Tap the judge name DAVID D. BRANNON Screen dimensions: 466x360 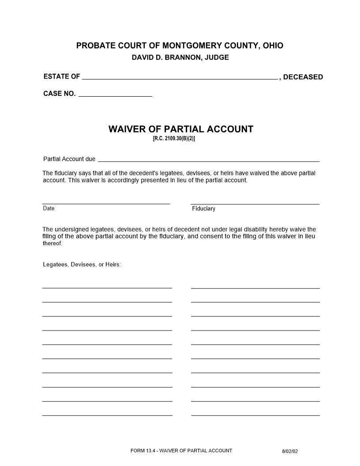[x=165, y=58]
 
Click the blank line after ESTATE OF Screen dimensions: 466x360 [x=180, y=78]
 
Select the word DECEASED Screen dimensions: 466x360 [x=303, y=77]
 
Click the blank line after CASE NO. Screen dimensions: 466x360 [x=115, y=94]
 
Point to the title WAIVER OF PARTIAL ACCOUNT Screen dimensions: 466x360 [x=181, y=129]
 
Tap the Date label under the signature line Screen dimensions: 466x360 [x=49, y=208]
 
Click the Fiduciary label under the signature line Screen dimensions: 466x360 [x=203, y=209]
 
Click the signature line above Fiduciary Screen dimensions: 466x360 [x=255, y=204]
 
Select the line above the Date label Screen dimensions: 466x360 [x=106, y=203]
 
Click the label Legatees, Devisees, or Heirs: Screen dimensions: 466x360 [x=82, y=265]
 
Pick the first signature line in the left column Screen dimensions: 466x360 [x=107, y=288]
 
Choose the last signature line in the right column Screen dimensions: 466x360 [x=255, y=415]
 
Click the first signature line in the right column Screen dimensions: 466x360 [x=255, y=288]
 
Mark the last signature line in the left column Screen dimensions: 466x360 [x=107, y=415]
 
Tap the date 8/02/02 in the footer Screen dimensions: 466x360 [x=290, y=451]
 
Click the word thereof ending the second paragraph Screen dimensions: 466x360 [x=52, y=243]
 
